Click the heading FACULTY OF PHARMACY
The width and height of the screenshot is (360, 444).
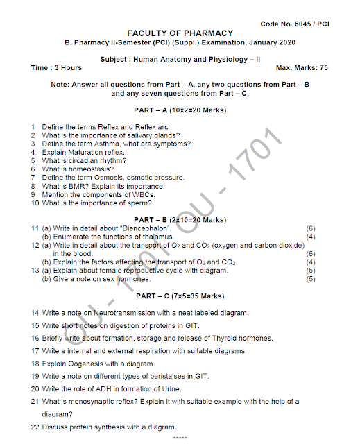pyautogui.click(x=180, y=33)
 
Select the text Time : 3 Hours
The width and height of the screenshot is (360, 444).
pyautogui.click(x=57, y=68)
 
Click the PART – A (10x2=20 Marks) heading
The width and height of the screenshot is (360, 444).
pyautogui.click(x=180, y=111)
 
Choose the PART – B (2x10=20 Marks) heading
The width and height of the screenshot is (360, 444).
pyautogui.click(x=180, y=220)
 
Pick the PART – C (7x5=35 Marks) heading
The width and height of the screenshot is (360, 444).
pyautogui.click(x=180, y=297)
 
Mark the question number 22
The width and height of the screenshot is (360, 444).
pyautogui.click(x=35, y=427)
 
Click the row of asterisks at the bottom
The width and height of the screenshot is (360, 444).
pyautogui.click(x=180, y=438)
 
